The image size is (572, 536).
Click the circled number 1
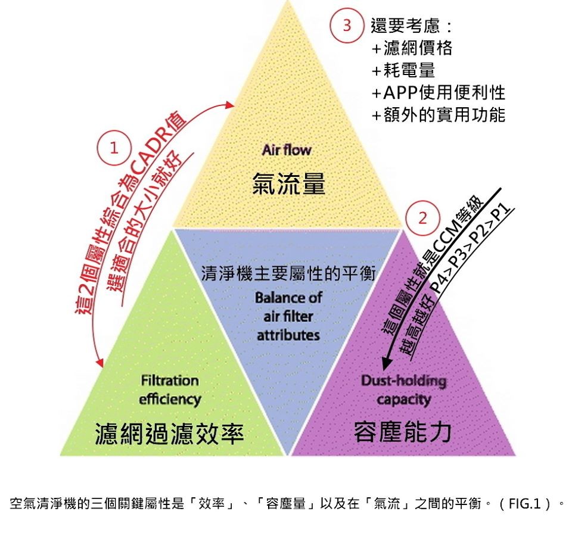(114, 149)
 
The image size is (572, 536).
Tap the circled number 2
(422, 219)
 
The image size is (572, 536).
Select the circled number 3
(347, 25)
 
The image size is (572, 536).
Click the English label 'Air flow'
(287, 150)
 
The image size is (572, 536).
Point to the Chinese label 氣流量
(288, 183)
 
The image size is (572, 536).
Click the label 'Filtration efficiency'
(170, 389)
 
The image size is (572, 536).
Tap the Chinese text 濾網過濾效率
(169, 434)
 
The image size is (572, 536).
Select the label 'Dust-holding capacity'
(403, 389)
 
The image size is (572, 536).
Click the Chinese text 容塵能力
(403, 432)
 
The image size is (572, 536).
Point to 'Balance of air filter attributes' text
(288, 316)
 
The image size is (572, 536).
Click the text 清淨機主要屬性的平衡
(288, 273)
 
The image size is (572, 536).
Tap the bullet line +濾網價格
(412, 48)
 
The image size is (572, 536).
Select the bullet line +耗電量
(403, 70)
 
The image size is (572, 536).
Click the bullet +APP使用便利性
(439, 92)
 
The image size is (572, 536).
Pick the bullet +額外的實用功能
(439, 114)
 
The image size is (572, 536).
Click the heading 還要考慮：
(412, 26)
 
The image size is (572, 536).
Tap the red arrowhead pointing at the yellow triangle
(229, 105)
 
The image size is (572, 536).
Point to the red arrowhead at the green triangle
(100, 363)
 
